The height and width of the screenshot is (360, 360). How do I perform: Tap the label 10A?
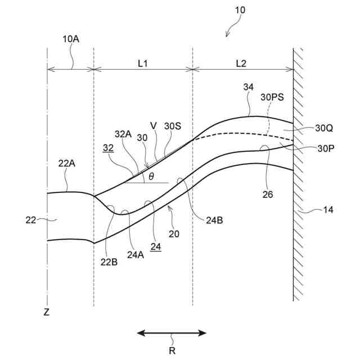tap(71, 40)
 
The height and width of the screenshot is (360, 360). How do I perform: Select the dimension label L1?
tap(143, 63)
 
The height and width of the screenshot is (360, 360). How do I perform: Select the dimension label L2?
tap(241, 63)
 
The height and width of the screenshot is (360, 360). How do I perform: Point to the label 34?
tap(248, 87)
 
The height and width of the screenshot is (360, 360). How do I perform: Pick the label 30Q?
tap(325, 128)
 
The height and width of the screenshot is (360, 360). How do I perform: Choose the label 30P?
tap(325, 149)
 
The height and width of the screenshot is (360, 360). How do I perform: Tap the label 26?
tap(268, 195)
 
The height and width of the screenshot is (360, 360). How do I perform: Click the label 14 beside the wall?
tap(328, 210)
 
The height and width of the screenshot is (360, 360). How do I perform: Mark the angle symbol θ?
tap(151, 177)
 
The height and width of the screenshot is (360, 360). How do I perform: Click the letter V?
tap(153, 125)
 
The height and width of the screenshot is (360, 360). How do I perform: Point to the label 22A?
tap(66, 164)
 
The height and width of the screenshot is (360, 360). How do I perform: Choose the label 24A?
tap(135, 254)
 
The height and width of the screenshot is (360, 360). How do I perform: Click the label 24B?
tap(214, 220)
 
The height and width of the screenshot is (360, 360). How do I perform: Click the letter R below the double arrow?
tap(172, 350)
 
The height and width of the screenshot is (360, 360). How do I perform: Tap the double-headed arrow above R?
tap(172, 333)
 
